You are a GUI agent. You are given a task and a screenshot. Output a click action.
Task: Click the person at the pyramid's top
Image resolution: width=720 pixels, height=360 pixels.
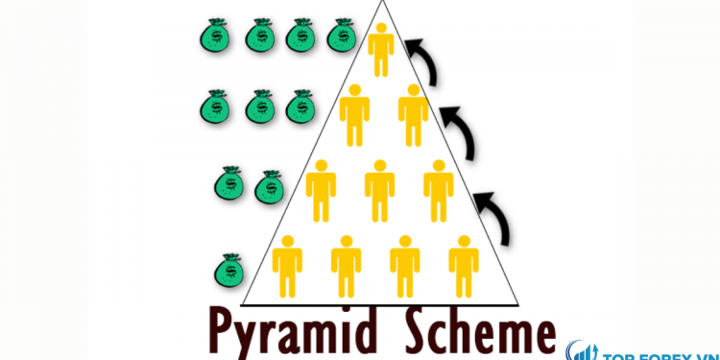[382, 50]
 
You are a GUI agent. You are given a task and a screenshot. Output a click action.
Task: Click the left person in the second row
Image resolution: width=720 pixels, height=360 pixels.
[354, 114]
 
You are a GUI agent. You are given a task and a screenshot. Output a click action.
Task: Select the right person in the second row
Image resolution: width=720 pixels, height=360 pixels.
[414, 114]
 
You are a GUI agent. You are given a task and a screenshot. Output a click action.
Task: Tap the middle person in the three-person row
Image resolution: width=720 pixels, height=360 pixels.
[379, 189]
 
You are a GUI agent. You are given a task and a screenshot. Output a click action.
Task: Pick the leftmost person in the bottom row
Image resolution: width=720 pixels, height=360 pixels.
[287, 264]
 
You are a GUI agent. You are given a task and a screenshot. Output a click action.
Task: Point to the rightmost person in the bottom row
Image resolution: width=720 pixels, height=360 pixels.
[464, 264]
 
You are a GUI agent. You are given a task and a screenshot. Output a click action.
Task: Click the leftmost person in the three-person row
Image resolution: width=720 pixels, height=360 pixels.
[321, 189]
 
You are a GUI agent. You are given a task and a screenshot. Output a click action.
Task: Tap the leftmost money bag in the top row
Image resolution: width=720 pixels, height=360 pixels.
[215, 35]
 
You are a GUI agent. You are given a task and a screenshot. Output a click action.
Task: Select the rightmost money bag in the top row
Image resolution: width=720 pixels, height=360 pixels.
[341, 35]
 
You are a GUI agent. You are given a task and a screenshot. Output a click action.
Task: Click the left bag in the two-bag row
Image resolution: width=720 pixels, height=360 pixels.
[230, 182]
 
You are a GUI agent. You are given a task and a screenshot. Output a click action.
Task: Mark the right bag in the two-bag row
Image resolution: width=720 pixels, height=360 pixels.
[268, 185]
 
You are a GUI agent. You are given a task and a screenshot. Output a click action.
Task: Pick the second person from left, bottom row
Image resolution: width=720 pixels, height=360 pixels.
[346, 264]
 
